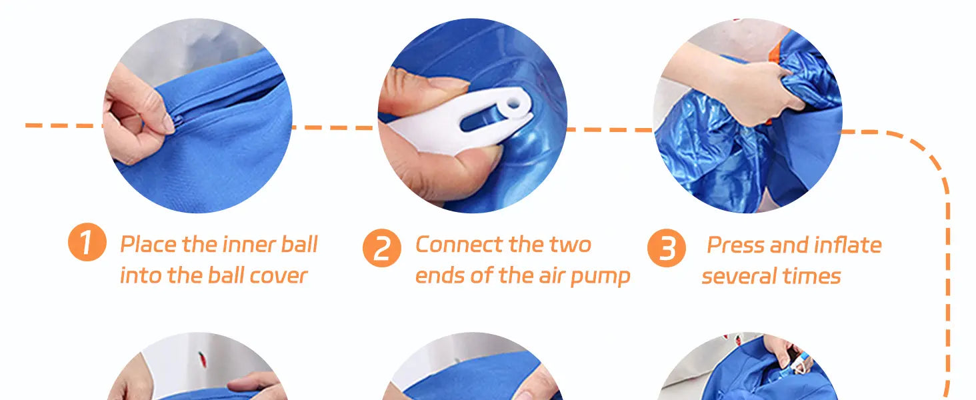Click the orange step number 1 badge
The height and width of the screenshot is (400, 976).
click(x=87, y=242)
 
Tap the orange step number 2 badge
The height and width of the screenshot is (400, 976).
click(x=382, y=248)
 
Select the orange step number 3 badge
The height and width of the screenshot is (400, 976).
click(x=667, y=248)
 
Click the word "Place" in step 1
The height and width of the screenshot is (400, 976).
click(x=149, y=244)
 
